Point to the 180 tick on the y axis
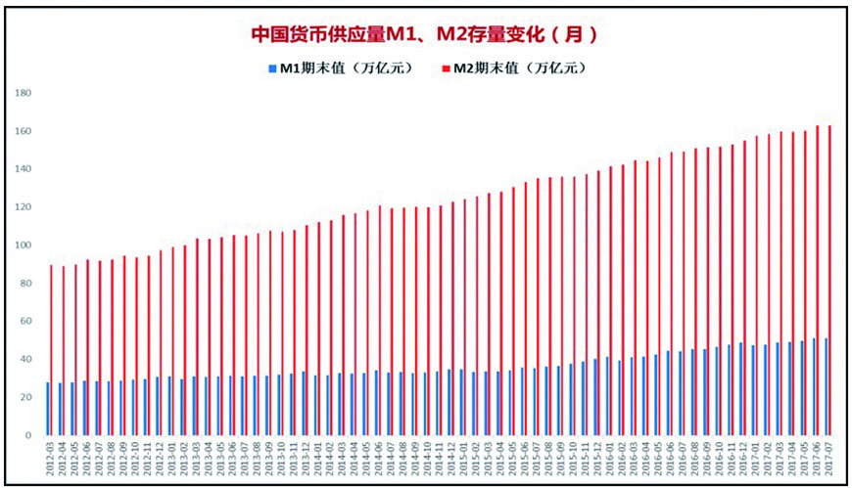(25, 94)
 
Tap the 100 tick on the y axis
(25, 245)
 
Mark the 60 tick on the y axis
(27, 322)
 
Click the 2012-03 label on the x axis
(48, 460)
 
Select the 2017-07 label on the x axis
(828, 460)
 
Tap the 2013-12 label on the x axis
(305, 460)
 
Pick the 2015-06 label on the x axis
(524, 460)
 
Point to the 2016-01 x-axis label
(609, 460)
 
